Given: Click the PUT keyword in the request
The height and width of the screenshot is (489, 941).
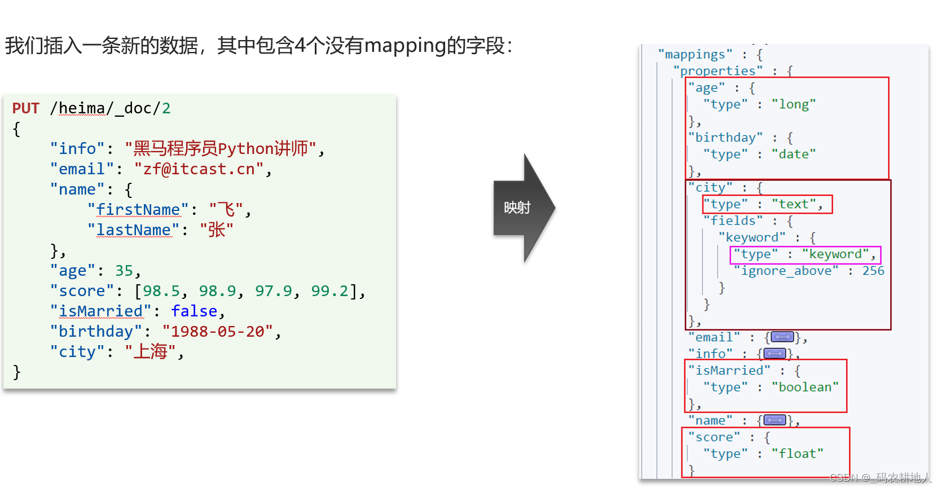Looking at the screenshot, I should (26, 108).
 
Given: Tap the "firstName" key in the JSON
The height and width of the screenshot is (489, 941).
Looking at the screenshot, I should (138, 210).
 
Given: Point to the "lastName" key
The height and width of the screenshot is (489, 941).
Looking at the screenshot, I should (133, 230).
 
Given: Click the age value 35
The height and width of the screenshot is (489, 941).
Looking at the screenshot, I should (124, 271).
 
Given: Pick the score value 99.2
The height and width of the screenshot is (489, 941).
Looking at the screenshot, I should (330, 291).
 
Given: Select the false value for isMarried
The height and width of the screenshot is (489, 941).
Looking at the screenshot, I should (194, 311).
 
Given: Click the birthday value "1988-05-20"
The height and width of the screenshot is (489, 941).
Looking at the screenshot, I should (218, 332).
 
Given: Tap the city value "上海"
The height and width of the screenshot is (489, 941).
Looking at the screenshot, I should (151, 352).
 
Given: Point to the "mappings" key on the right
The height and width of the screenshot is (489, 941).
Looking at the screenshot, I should (695, 55).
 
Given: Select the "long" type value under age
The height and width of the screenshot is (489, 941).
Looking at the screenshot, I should (794, 104).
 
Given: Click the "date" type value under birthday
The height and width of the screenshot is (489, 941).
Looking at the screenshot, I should (794, 155).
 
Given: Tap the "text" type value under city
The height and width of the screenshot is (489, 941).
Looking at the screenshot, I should (794, 204).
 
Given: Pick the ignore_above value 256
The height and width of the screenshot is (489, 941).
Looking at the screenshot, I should (873, 271).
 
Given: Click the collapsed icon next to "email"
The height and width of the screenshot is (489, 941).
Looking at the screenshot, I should (782, 337).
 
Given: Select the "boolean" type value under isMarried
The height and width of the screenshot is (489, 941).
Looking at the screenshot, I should (805, 387).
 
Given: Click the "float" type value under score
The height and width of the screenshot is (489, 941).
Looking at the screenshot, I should (798, 454).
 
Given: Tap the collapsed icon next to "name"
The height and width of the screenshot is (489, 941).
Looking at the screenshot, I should (775, 420).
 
